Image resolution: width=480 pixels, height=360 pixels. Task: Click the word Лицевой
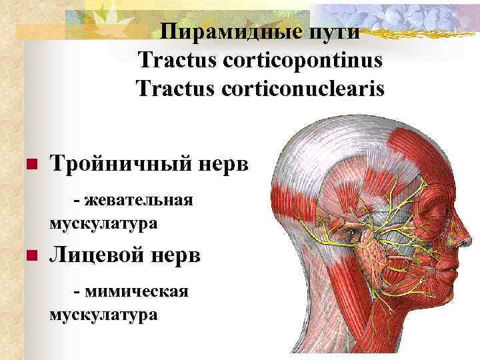point(99,255)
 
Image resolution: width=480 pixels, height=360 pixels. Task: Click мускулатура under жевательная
point(103,223)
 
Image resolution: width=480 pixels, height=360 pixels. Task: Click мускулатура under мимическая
point(103,314)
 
